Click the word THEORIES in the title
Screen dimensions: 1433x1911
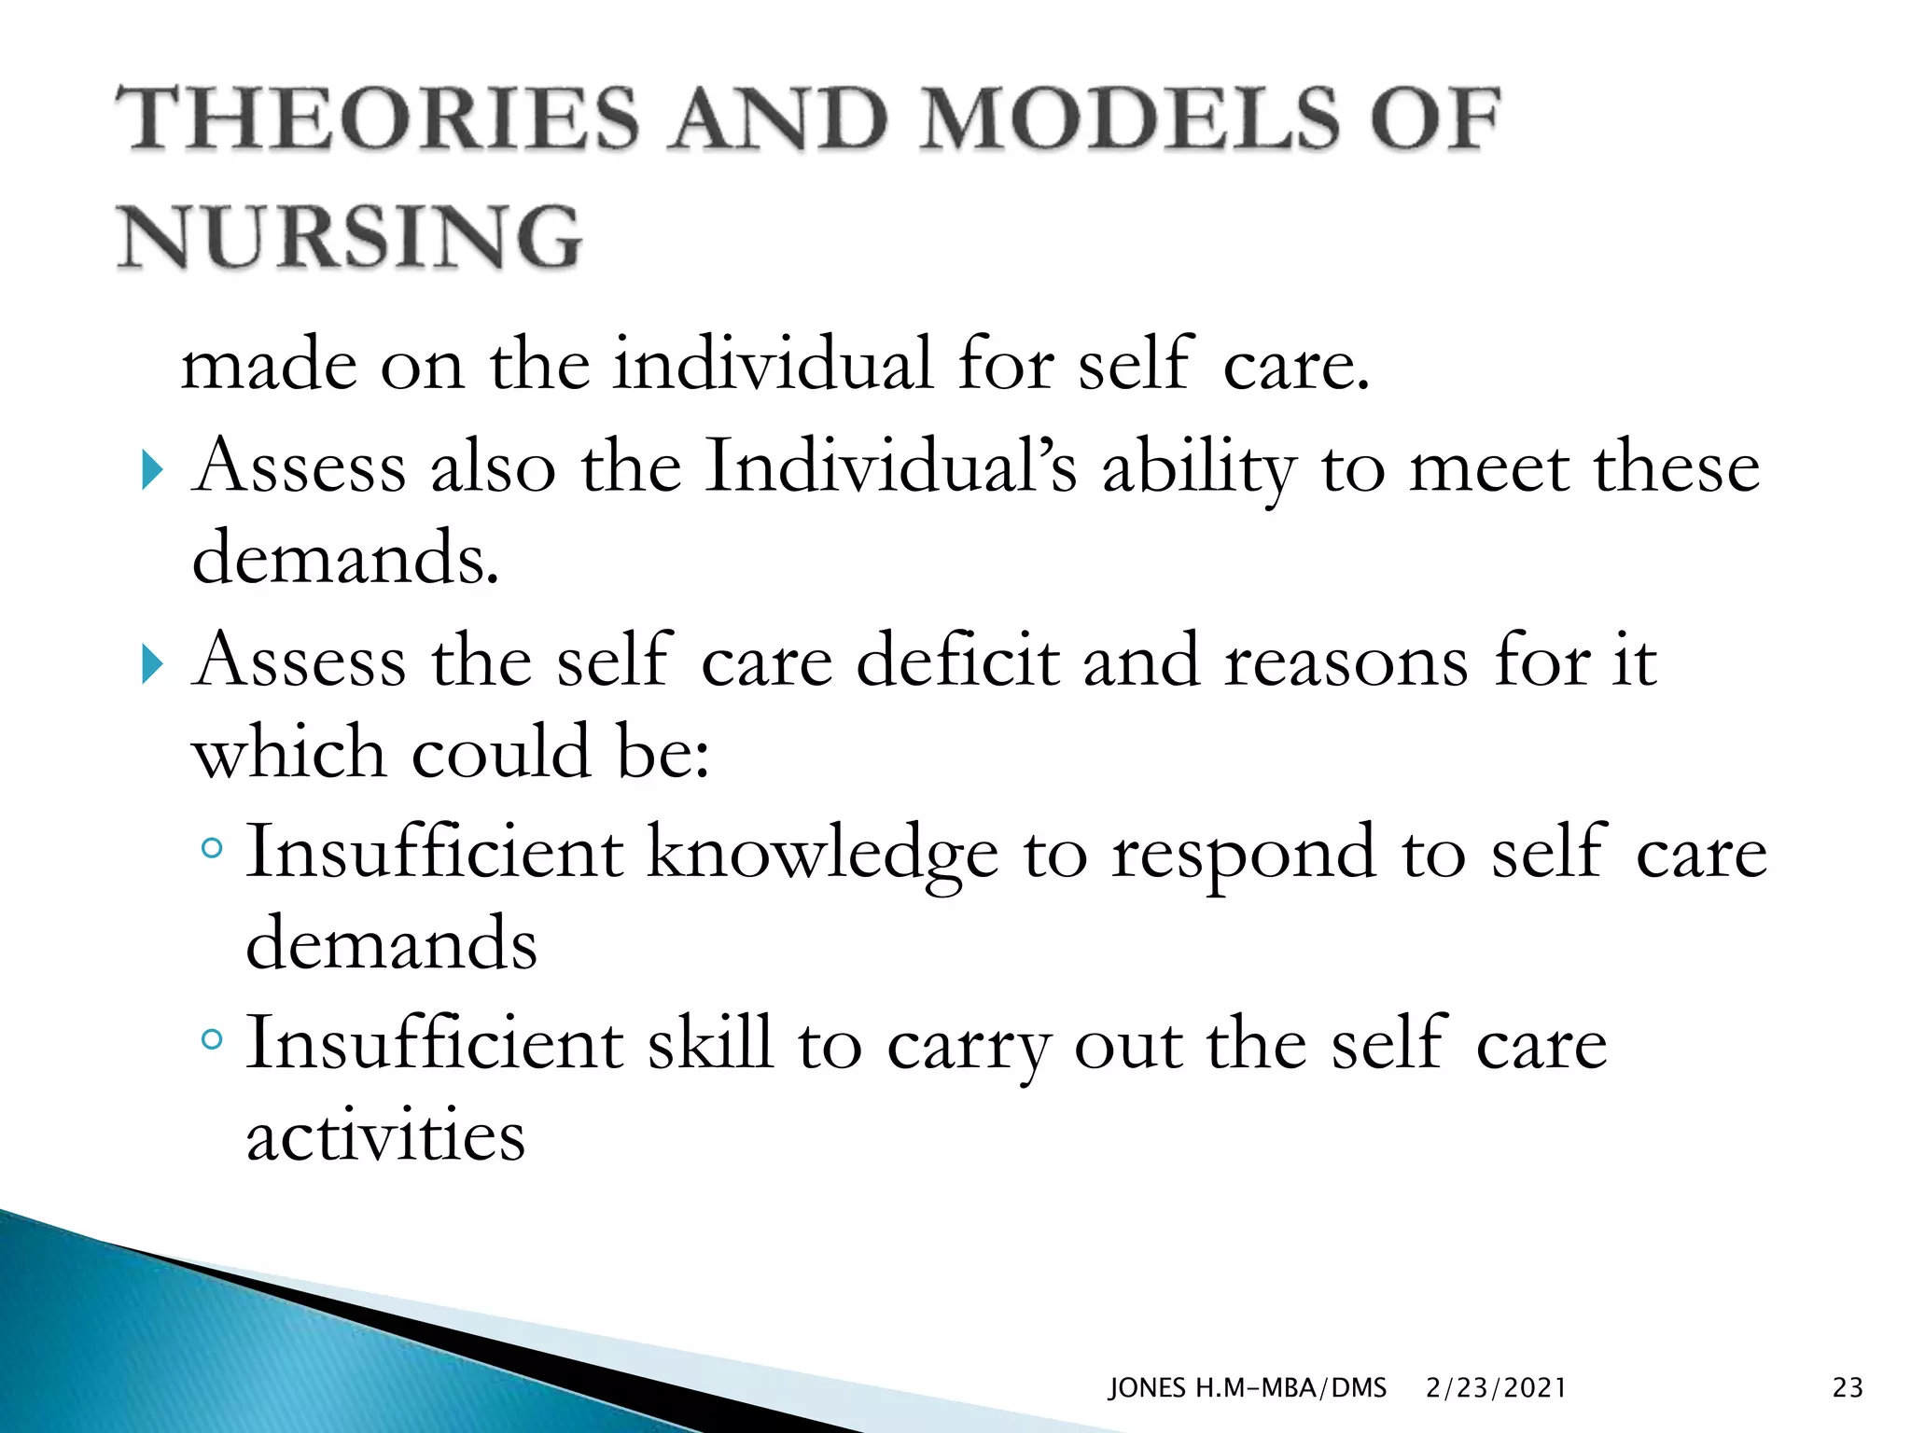point(377,118)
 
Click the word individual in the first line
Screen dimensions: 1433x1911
point(772,363)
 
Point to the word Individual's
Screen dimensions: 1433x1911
point(891,466)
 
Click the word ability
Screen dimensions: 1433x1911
point(1199,467)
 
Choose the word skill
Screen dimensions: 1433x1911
point(710,1043)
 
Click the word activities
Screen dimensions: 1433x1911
point(385,1135)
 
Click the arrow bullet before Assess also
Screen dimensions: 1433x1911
point(152,469)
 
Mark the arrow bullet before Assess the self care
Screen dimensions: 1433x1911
point(152,663)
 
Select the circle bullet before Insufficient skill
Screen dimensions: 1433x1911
point(213,1038)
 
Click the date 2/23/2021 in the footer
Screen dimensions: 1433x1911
point(1496,1387)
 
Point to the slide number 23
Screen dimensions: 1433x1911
point(1848,1387)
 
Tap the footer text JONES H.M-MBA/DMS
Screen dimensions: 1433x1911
point(1247,1387)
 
